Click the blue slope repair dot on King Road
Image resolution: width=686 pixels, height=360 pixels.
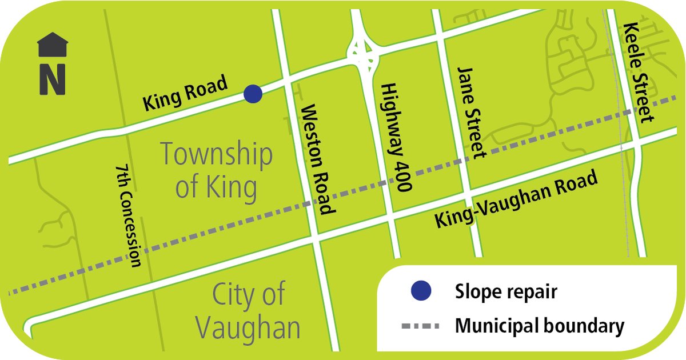coord(253,93)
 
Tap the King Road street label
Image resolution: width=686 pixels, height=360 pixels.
coord(185,94)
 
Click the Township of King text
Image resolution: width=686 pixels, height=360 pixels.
coord(216,171)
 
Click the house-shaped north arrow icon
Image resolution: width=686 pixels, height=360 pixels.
coord(53,45)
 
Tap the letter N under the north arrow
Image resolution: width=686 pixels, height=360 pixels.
coord(53,79)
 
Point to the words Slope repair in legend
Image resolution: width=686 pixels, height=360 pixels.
coord(506,292)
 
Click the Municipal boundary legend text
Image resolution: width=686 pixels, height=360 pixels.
coord(539,326)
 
